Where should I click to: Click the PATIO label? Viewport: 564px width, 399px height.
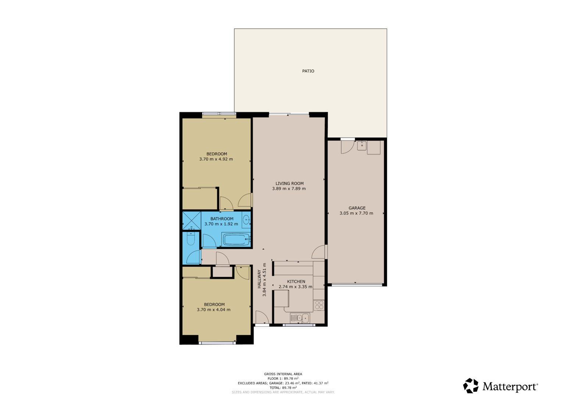pos(308,71)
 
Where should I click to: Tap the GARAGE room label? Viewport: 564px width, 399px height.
pos(357,208)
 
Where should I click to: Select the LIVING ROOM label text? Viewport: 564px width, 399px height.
pos(289,184)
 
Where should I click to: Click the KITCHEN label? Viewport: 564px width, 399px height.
pos(296,282)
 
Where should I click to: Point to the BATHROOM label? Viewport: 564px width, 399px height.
pos(222,219)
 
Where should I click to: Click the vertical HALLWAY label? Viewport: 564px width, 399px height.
pos(259,279)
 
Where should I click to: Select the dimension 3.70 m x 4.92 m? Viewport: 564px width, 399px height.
pos(216,159)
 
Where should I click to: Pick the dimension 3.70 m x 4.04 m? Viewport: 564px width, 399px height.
pos(214,310)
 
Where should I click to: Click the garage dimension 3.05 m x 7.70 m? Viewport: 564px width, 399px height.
pos(356,213)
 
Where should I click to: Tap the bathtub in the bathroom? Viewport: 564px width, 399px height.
pos(236,239)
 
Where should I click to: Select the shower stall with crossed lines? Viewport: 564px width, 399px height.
pos(191,221)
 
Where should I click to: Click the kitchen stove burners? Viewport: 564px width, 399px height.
pos(319,305)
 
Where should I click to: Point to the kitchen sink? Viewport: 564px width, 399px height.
pos(300,318)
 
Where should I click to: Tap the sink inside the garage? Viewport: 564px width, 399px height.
pos(362,146)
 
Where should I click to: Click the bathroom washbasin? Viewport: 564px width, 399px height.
pos(246,220)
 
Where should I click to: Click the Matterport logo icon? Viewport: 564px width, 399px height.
pos(471,386)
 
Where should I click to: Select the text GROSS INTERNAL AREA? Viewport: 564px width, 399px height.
pos(283,374)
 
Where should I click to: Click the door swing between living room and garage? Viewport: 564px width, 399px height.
pos(318,252)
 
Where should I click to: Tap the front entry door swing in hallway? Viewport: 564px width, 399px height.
pos(262,317)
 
